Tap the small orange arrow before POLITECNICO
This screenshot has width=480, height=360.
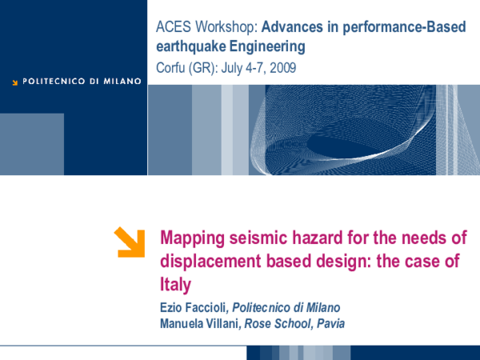pos(14,81)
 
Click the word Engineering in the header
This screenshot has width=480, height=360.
pos(267,47)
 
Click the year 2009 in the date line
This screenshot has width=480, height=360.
pos(282,68)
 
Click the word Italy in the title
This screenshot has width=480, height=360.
pos(177,283)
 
